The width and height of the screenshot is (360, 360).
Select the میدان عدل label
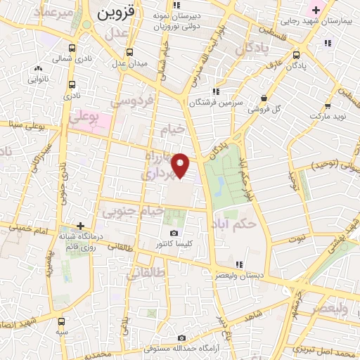pos(131,63)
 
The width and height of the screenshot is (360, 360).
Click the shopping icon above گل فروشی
pos(264,98)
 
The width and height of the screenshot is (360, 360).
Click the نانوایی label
pos(38,79)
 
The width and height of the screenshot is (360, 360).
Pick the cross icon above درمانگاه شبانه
pos(82,226)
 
